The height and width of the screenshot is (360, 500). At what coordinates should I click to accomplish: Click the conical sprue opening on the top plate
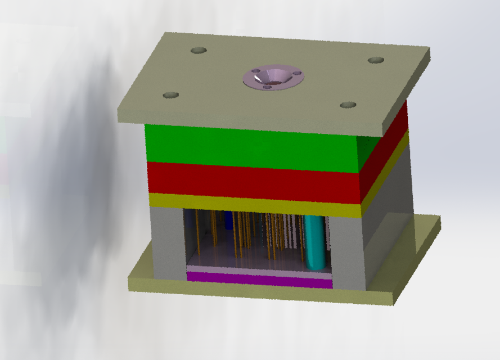273,77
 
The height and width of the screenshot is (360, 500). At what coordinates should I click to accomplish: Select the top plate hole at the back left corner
199,50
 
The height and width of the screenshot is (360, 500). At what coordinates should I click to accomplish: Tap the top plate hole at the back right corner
376,60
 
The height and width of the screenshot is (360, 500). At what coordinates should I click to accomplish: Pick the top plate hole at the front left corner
170,95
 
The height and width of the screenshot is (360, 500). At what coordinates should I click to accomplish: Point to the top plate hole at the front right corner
348,105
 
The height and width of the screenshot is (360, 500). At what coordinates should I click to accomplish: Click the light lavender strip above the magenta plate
259,271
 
